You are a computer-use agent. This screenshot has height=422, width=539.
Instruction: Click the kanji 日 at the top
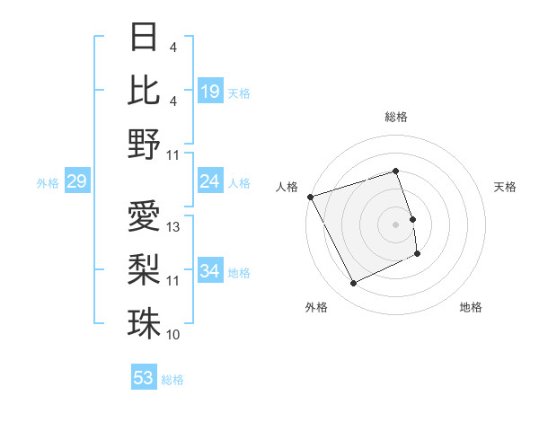pyautogui.click(x=144, y=37)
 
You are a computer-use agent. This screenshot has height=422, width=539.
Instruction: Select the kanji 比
pyautogui.click(x=144, y=90)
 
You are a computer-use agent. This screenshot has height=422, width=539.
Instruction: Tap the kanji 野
pyautogui.click(x=144, y=144)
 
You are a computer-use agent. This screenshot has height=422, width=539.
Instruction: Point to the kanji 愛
pyautogui.click(x=144, y=216)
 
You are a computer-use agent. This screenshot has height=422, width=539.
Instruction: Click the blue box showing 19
pyautogui.click(x=209, y=91)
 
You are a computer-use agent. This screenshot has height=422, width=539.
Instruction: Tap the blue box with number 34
pyautogui.click(x=209, y=272)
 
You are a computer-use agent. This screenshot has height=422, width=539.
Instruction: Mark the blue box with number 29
pyautogui.click(x=76, y=182)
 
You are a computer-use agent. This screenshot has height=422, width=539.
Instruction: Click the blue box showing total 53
pyautogui.click(x=144, y=378)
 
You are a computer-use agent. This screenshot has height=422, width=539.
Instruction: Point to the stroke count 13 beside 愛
pyautogui.click(x=174, y=227)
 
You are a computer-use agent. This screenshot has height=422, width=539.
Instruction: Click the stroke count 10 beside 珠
pyautogui.click(x=174, y=335)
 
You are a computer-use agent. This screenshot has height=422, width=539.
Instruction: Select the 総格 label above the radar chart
pyautogui.click(x=395, y=117)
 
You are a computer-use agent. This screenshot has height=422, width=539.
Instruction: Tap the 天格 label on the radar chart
pyautogui.click(x=506, y=187)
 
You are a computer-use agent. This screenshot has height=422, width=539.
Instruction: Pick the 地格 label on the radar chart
pyautogui.click(x=471, y=307)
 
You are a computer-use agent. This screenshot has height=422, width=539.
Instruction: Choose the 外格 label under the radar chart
pyautogui.click(x=316, y=307)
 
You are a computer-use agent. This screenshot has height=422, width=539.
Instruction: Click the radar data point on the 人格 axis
pyautogui.click(x=310, y=197)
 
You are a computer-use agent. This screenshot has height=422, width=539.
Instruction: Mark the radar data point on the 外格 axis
pyautogui.click(x=353, y=284)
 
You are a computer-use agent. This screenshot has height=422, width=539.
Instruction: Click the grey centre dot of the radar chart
pyautogui.click(x=395, y=224)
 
